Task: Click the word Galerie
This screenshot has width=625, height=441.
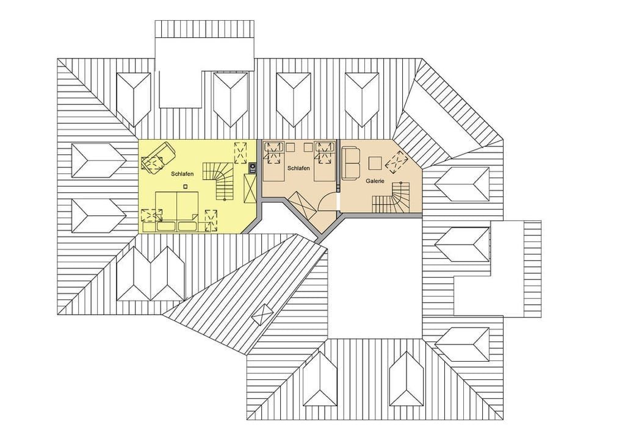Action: click(x=375, y=181)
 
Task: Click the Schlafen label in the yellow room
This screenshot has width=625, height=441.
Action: click(x=182, y=174)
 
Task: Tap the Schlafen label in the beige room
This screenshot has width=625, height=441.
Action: click(x=298, y=168)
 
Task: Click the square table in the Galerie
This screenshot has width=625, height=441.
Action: click(x=375, y=163)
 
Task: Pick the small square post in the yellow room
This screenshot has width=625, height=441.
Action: click(x=185, y=186)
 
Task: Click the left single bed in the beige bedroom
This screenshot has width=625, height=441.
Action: click(x=274, y=162)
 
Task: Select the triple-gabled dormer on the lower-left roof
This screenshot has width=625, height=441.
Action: click(x=150, y=275)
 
